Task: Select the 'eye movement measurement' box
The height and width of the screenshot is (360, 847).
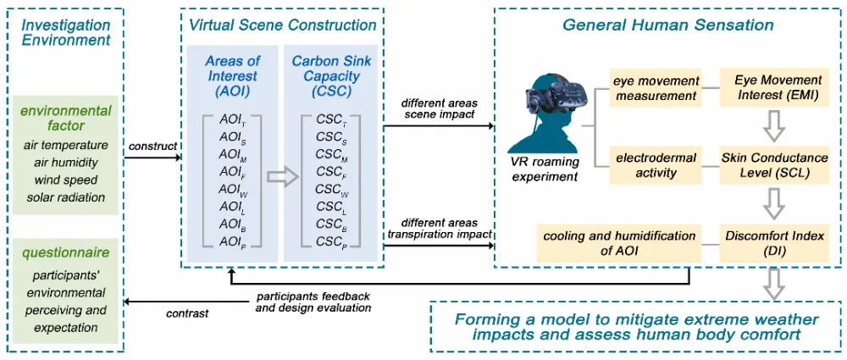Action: pos(656,88)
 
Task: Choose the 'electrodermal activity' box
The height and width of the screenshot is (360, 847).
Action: pos(656,165)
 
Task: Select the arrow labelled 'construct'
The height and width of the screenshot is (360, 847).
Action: pos(153,158)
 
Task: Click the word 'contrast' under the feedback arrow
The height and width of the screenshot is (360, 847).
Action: pos(189,313)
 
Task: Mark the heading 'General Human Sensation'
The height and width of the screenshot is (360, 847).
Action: pos(668,25)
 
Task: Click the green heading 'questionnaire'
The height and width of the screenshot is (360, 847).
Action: pos(65,252)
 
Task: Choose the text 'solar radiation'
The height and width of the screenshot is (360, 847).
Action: pos(65,197)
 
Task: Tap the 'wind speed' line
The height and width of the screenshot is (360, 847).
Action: pos(65,180)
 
